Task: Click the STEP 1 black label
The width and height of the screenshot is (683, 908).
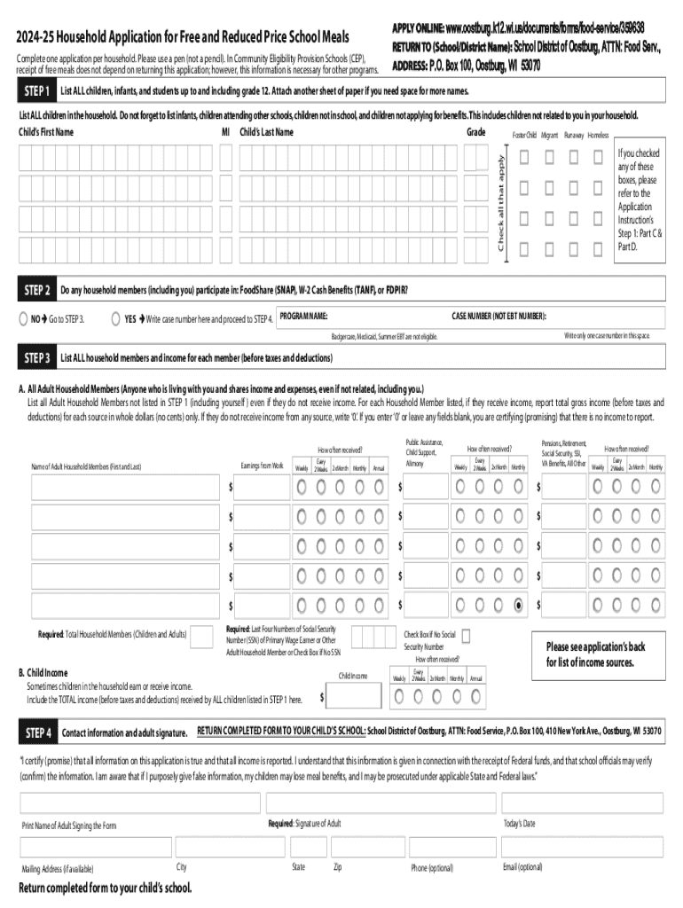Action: click(x=36, y=92)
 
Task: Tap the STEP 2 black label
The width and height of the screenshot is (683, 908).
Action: click(x=36, y=290)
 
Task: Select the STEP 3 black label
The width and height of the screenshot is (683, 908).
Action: click(x=36, y=358)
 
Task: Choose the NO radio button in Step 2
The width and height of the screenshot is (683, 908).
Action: click(x=24, y=318)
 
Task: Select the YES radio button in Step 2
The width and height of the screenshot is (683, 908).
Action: click(x=117, y=318)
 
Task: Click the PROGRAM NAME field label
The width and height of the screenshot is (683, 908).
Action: click(x=303, y=317)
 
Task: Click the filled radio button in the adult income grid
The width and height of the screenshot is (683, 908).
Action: click(x=519, y=605)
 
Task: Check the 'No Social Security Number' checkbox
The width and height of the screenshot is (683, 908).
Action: click(x=466, y=635)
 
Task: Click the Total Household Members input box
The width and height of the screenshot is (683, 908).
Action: click(x=200, y=635)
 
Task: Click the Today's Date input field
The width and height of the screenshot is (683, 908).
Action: click(x=582, y=803)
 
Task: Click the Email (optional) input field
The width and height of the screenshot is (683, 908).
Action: click(x=582, y=847)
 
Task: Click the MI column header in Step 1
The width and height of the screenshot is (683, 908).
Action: click(x=225, y=132)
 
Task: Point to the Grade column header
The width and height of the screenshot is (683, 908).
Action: click(x=475, y=132)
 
